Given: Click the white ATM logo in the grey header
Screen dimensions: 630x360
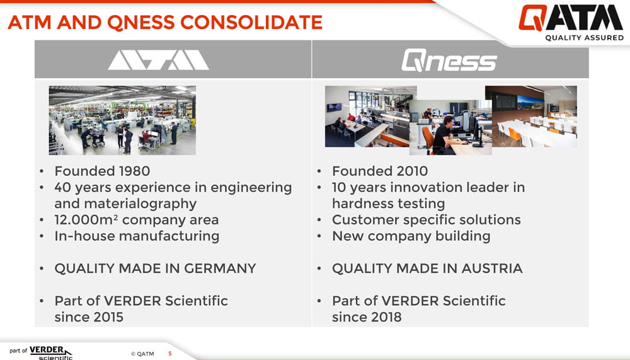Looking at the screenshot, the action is coord(158,60).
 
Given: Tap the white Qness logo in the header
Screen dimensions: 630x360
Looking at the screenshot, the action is coord(449,61).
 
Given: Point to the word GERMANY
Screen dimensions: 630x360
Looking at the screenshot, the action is coord(220,269).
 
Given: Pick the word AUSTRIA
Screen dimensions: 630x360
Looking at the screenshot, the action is coord(492,269).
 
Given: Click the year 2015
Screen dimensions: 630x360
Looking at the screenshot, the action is coord(106,317).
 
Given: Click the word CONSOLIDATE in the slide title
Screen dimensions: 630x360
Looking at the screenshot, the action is coord(251,22).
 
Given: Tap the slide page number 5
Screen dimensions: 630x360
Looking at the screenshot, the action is coord(170,354).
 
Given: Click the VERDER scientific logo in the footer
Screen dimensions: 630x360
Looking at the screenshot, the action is coord(40,352).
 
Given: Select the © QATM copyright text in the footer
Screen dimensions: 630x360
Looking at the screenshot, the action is coord(142,354).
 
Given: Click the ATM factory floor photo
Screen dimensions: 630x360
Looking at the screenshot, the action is coord(122,120).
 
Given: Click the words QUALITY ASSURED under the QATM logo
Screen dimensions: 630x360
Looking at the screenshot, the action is coord(584,38).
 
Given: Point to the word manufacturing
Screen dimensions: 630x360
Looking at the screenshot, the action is coord(175,236).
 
